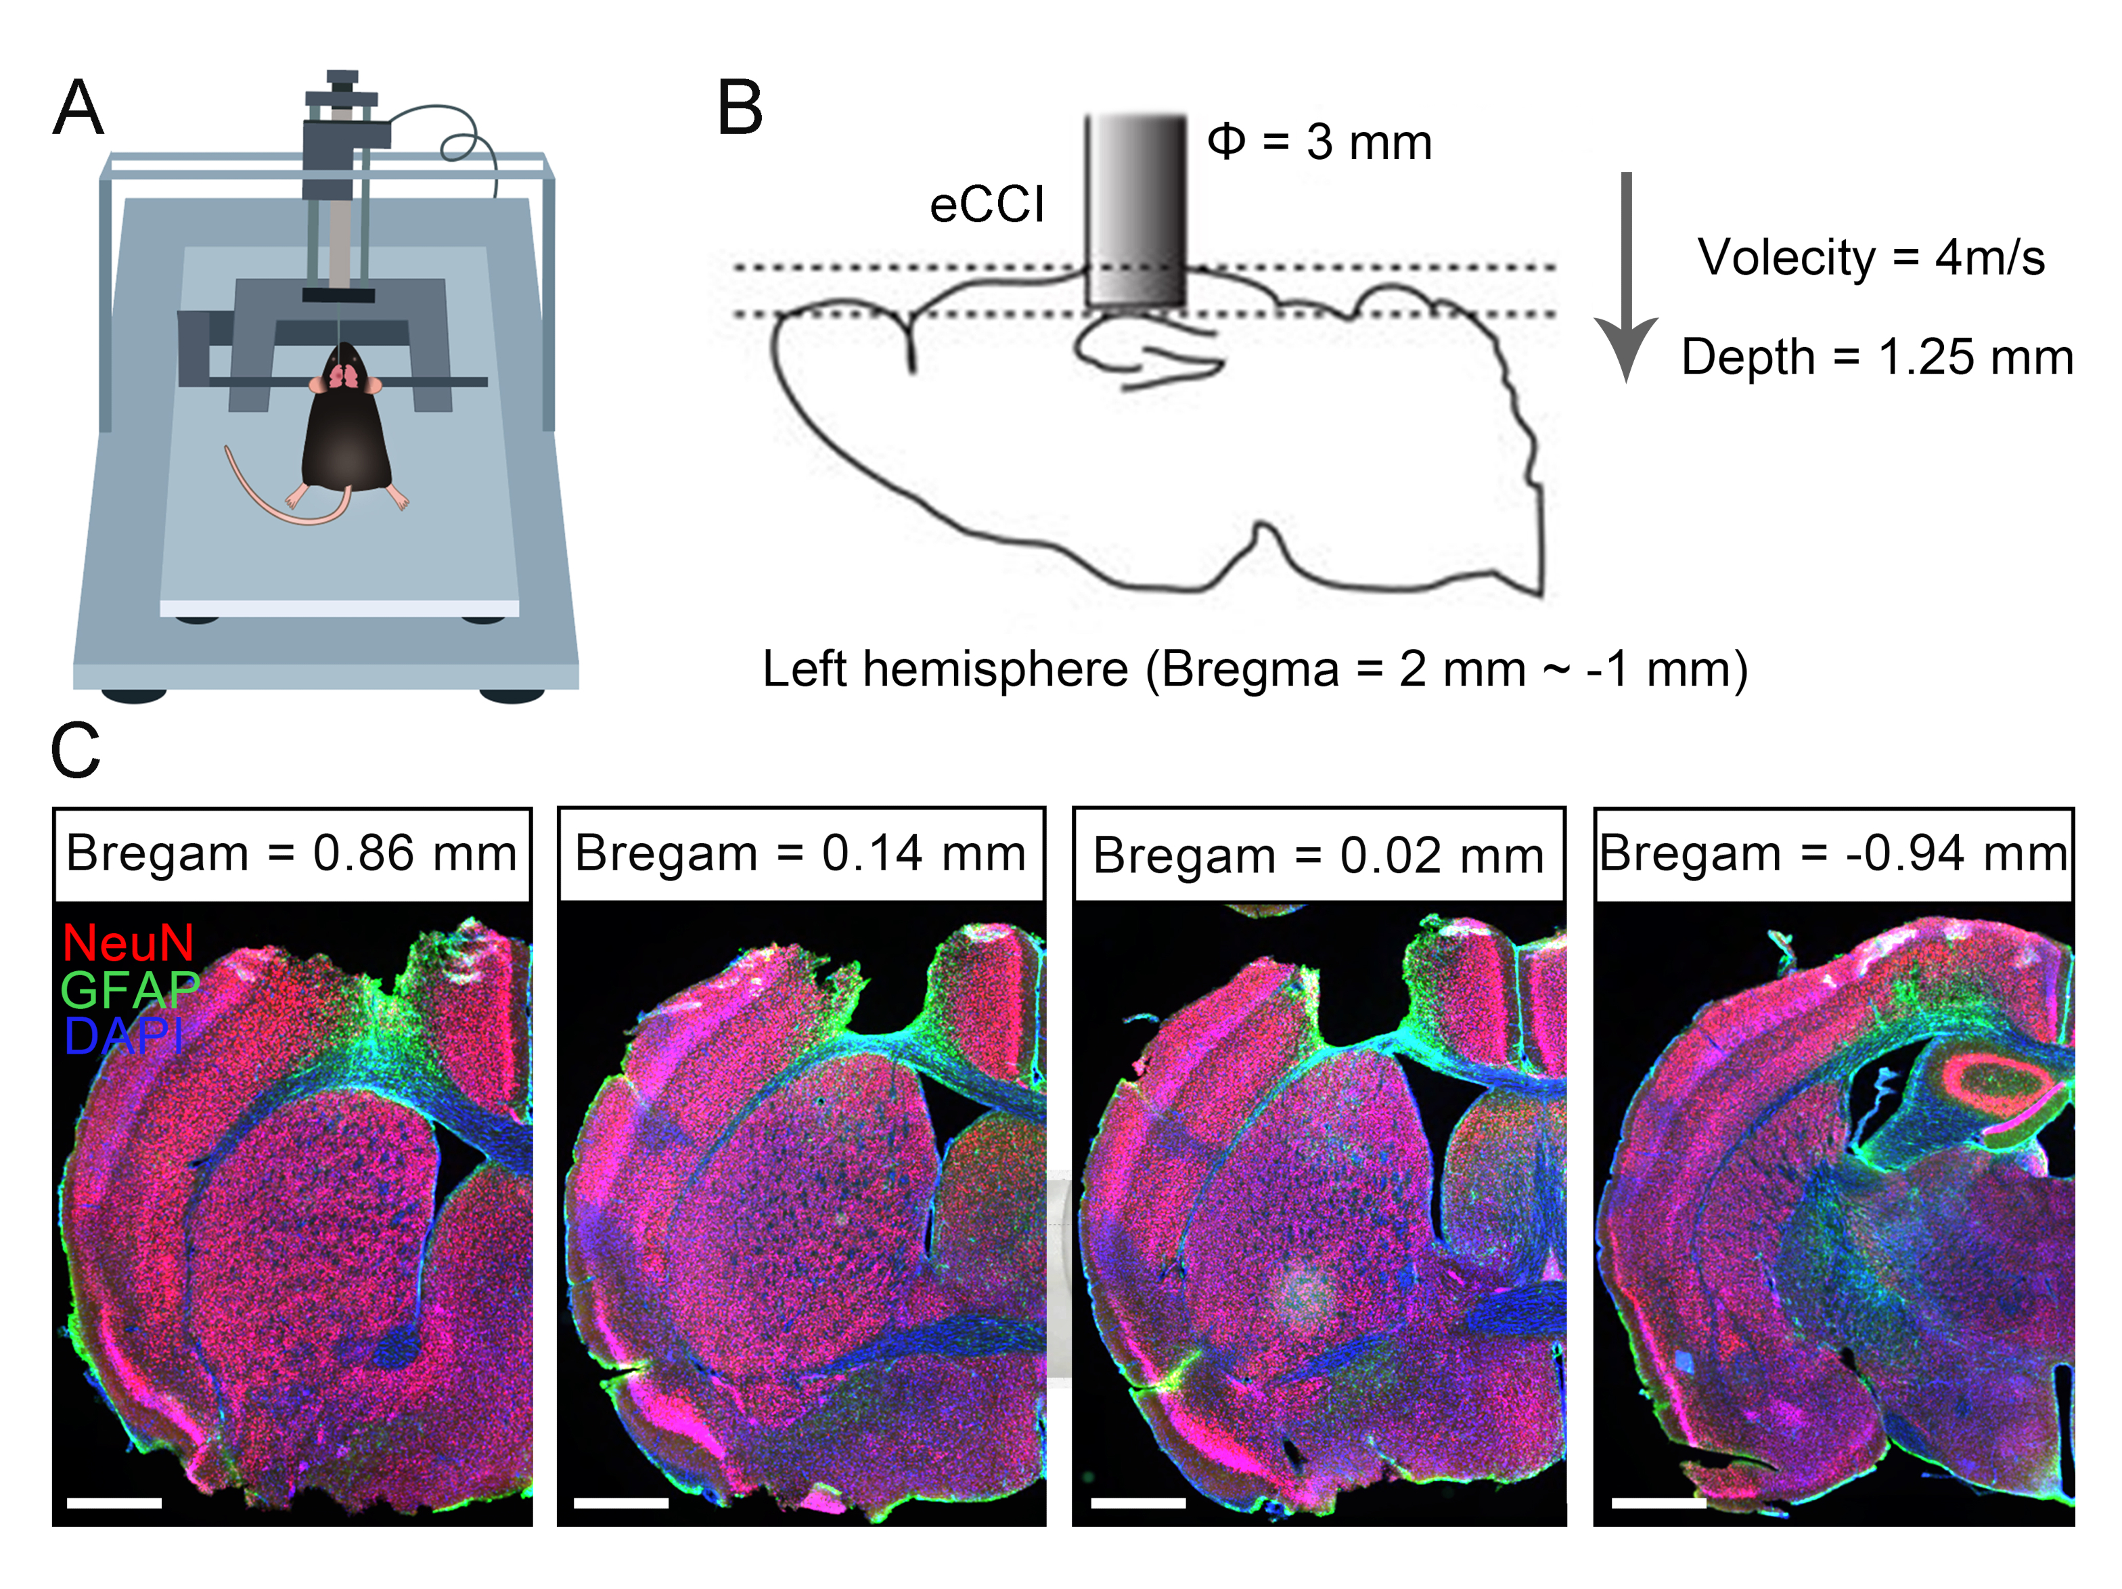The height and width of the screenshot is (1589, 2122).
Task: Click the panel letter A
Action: point(78,108)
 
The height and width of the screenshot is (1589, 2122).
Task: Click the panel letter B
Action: point(740,108)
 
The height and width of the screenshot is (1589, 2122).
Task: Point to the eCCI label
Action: point(986,204)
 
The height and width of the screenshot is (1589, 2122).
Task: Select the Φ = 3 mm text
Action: point(1319,142)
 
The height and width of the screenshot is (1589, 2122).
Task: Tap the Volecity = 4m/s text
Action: point(1871,257)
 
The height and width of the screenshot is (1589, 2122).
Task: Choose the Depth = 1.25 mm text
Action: point(1876,357)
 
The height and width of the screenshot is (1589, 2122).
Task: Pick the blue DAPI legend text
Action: point(122,1035)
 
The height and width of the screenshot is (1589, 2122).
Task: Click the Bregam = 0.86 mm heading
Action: point(292,853)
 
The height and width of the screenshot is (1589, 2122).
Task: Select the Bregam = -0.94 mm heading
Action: point(1833,853)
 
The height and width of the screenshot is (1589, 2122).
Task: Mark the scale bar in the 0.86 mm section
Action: point(114,1502)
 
